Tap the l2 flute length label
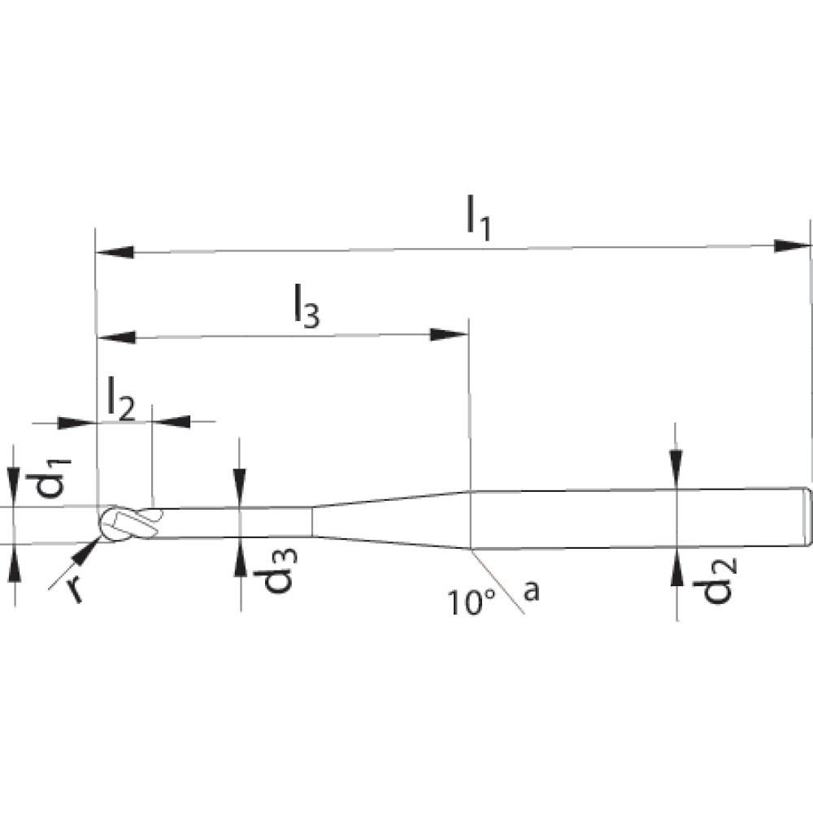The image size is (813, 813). click(120, 398)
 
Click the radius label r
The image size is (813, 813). click(74, 588)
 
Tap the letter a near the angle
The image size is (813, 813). click(531, 591)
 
